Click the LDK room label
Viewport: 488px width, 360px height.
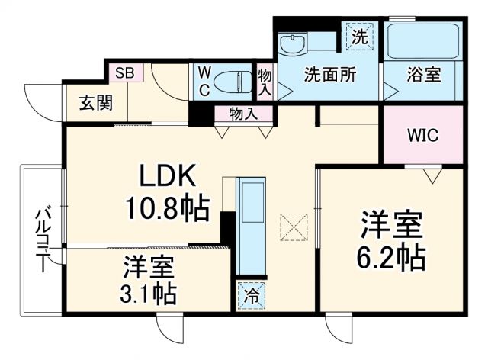tap(169, 178)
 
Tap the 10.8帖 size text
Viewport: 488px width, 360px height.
tap(169, 207)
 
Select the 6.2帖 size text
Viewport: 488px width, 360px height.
tap(392, 257)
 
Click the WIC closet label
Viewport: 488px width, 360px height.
tap(422, 137)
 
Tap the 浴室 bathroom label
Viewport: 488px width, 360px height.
tap(424, 76)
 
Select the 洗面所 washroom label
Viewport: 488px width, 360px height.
tap(329, 76)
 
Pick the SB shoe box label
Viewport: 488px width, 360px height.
tap(125, 74)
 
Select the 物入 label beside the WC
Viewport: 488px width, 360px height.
tap(265, 80)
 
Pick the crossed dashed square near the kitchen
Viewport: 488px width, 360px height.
tap(293, 227)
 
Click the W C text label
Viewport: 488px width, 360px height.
tap(205, 80)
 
